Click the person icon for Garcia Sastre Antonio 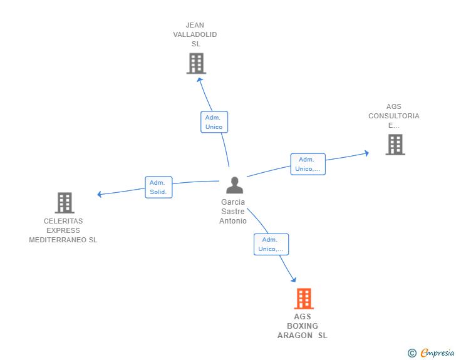point(234,185)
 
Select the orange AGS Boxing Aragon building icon point(304,299)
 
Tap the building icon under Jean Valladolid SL point(196,63)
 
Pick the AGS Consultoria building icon point(395,145)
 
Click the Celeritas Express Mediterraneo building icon point(65,203)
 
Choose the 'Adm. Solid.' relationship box point(159,187)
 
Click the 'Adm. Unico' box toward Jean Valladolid point(214,122)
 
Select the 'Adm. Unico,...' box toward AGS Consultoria point(308,164)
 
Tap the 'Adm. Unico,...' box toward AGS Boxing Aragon point(271,244)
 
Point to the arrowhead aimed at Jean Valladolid point(199,80)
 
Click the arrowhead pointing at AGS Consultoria point(367,153)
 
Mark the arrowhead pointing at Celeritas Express point(100,194)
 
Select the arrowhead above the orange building point(294,279)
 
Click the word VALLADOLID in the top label point(195,34)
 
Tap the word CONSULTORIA point(394,116)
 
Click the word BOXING point(303,326)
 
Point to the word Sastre point(233,212)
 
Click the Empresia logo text point(437,352)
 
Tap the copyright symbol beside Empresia point(412,353)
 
